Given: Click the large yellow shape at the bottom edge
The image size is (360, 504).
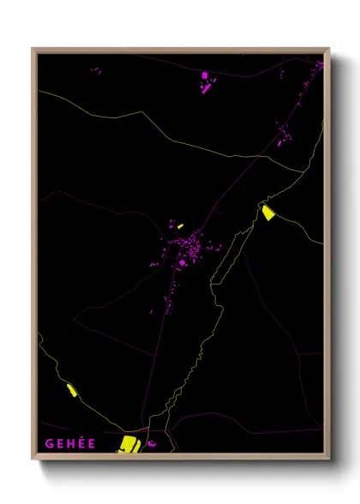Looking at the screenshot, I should (129, 443).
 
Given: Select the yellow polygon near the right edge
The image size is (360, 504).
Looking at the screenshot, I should (268, 213).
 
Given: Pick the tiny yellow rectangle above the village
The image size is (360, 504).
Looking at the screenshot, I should (179, 225).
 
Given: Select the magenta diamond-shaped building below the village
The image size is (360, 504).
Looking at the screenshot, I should (183, 263).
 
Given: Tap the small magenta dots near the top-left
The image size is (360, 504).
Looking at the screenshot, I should (95, 71).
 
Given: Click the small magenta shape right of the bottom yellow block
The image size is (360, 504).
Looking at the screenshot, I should (152, 444).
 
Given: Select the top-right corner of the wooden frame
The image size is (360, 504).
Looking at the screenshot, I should (328, 50).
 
